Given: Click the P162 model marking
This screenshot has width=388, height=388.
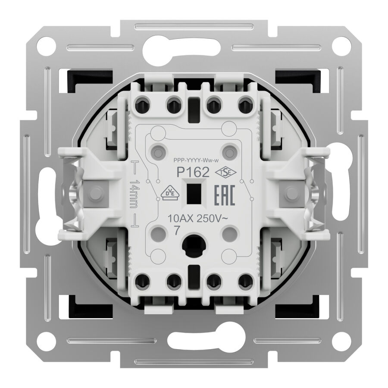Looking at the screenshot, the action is (193, 172).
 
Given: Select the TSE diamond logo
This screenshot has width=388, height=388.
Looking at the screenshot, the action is (225, 172).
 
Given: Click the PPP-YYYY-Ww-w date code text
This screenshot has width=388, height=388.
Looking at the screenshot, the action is (196, 161).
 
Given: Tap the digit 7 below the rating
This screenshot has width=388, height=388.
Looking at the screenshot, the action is (177, 231).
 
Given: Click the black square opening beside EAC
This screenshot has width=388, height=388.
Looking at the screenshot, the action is (193, 194).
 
